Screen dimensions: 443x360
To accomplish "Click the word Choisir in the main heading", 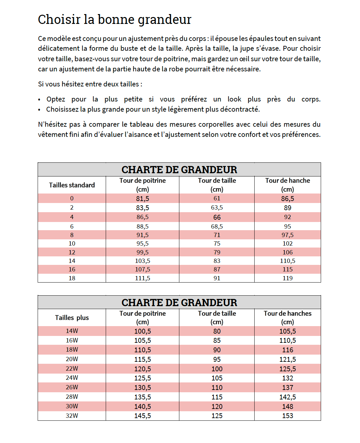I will coord(59,20).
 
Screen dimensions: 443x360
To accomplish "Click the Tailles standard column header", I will coord(72,185).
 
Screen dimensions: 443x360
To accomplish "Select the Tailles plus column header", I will coord(72,318).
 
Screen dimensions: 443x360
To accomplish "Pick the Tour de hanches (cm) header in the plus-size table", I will coord(287,318).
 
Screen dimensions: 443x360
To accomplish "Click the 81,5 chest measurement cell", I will coord(142,198).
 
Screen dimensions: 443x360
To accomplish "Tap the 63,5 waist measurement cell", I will coord(217,208).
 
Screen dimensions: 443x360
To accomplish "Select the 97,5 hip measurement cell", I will coord(287,235).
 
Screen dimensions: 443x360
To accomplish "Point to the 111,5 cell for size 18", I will coord(142,278).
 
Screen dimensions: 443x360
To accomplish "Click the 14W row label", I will coord(72,331).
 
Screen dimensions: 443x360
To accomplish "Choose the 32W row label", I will coord(72,416).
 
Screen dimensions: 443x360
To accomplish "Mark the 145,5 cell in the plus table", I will coord(142,416).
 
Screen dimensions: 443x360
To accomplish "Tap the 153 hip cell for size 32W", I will coord(287,416).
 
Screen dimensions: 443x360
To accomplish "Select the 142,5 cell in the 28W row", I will coord(287,397).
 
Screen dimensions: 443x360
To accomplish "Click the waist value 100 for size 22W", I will coord(217,369).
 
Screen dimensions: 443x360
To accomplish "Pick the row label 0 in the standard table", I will coord(72,198).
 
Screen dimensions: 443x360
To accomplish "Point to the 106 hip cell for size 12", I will coord(287,252).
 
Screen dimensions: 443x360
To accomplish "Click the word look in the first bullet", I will coord(234,99).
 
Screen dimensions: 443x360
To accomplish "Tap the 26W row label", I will coord(72,387).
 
